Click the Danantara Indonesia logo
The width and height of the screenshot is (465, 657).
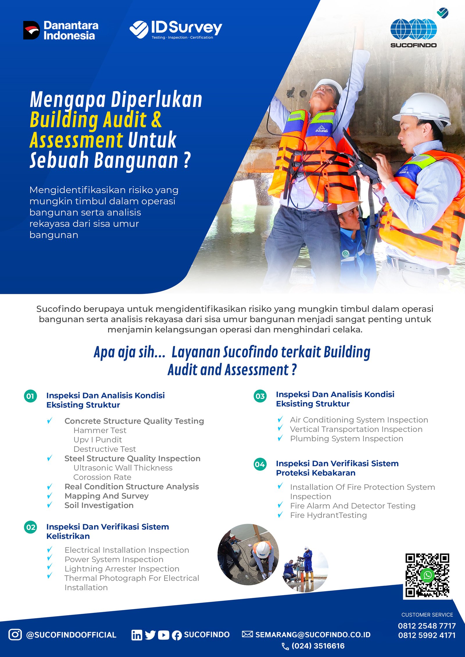point(61,30)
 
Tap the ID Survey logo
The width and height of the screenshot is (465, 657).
point(176,29)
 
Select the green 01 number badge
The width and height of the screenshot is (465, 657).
point(31,396)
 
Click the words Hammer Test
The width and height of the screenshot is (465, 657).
point(100,430)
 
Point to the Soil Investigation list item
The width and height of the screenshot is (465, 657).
point(99,505)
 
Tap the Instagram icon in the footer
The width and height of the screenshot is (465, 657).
point(15,634)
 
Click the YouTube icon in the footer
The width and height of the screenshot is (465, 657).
point(164,635)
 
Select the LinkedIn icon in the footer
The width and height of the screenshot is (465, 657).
point(137,635)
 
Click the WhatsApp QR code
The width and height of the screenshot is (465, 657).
point(427,575)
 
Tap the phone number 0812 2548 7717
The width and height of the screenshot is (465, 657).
point(427,626)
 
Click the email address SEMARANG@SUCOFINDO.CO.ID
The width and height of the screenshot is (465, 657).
point(313,635)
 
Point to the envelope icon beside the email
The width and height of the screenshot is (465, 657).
point(247,634)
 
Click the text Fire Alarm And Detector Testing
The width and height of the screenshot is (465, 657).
point(353,506)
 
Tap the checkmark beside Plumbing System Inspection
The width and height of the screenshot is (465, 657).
point(280,438)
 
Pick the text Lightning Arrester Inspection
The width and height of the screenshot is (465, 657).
point(122,569)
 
